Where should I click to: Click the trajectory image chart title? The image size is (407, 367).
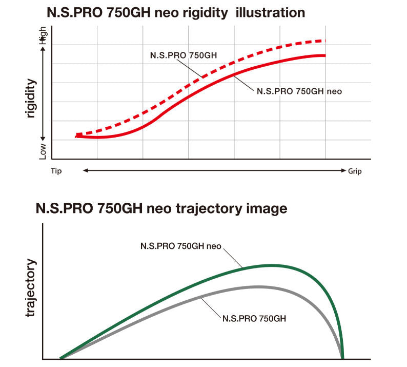point(161,209)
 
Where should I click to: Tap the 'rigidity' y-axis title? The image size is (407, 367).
point(32,99)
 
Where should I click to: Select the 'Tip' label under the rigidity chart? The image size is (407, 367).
point(56,171)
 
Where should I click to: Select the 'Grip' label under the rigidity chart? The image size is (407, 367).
point(355,171)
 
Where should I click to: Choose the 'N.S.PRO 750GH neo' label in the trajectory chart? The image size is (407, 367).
point(180,246)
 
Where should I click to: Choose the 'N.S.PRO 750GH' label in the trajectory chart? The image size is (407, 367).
point(254,318)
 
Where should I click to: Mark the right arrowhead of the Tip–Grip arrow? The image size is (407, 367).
point(344,170)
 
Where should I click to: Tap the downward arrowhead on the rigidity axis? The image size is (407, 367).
point(43,138)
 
